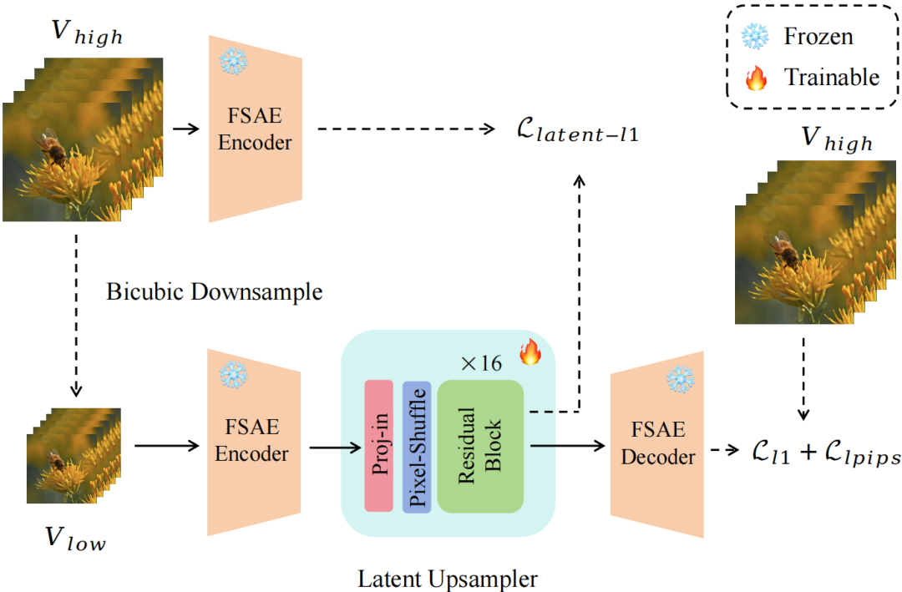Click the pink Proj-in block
tap(378, 445)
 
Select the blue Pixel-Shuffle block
tap(417, 445)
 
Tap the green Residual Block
tap(479, 445)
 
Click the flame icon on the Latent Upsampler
tap(530, 352)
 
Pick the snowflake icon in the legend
tap(755, 36)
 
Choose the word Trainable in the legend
tap(831, 78)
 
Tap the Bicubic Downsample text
tap(215, 293)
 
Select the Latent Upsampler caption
tap(448, 577)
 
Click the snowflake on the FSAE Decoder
tap(680, 380)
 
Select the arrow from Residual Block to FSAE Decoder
tap(567, 446)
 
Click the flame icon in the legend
tap(755, 78)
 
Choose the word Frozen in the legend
tap(818, 36)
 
